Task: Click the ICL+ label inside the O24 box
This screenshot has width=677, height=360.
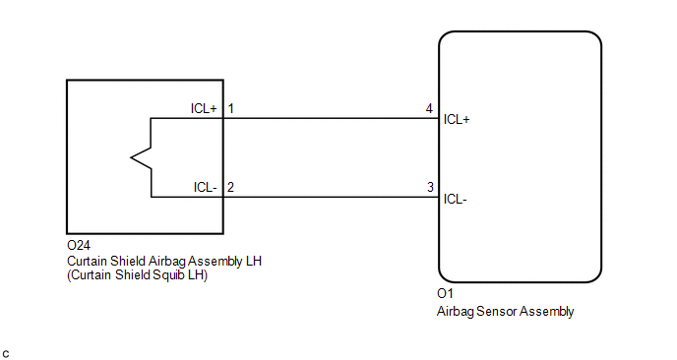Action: (x=204, y=108)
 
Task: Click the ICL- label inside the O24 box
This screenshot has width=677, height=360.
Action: (x=205, y=187)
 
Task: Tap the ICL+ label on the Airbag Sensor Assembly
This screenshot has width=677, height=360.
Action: (x=457, y=120)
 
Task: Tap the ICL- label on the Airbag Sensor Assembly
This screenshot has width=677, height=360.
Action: (x=455, y=199)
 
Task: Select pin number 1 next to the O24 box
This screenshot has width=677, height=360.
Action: (x=231, y=108)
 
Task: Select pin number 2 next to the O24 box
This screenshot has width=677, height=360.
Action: (x=230, y=187)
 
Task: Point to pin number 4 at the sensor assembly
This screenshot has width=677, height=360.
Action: (x=429, y=108)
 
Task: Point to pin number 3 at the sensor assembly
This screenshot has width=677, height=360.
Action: (x=430, y=187)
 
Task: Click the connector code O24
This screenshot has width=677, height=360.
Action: (x=79, y=245)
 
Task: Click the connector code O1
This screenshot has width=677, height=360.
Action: (x=445, y=293)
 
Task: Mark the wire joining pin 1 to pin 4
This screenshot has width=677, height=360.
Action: (x=331, y=118)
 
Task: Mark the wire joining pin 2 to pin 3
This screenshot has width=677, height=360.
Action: (x=331, y=198)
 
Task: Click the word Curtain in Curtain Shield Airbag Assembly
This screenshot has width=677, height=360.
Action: (x=88, y=261)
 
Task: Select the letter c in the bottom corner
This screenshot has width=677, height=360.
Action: (x=6, y=354)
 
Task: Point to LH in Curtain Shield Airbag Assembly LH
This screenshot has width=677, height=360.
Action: (x=254, y=261)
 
